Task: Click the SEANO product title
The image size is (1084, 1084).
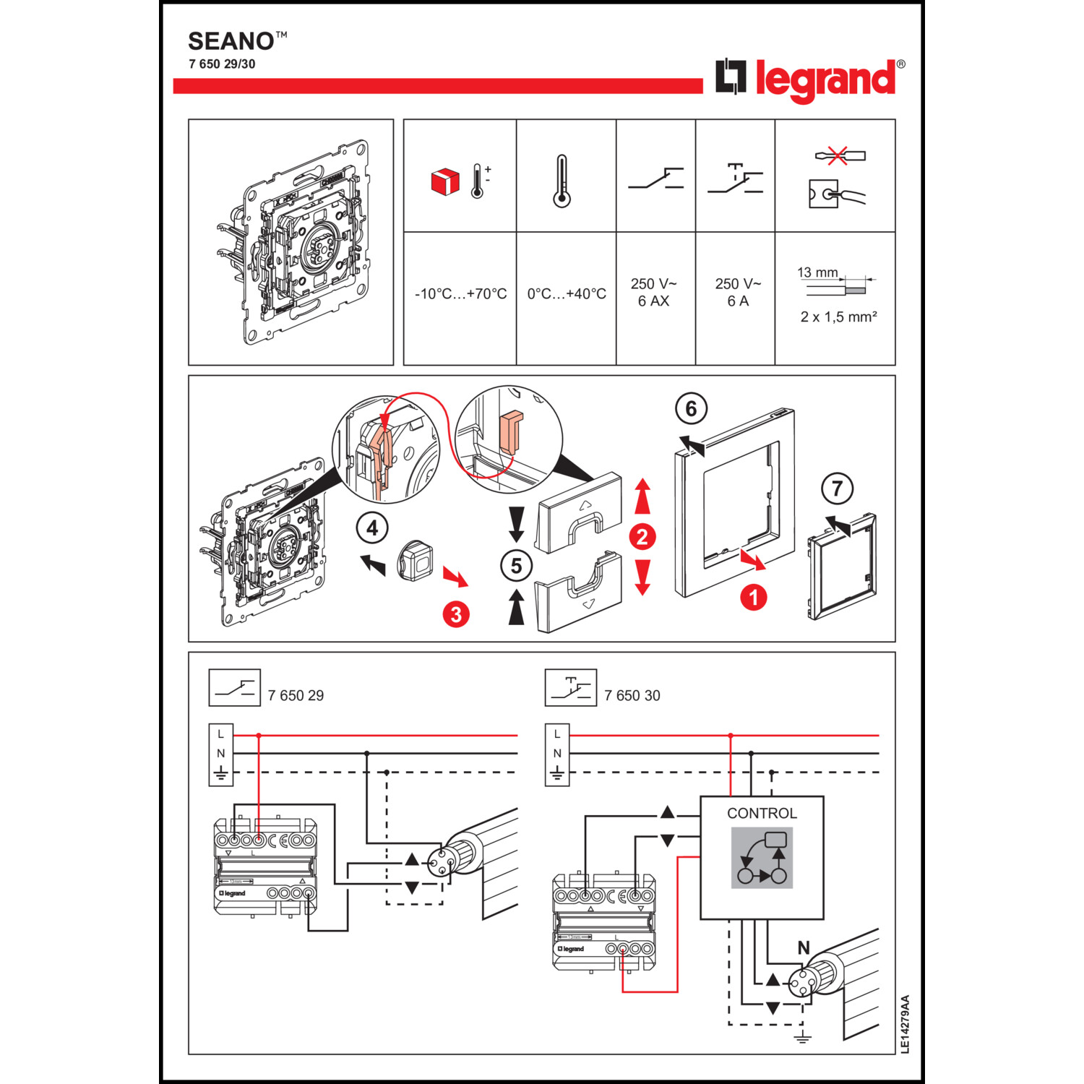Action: (231, 40)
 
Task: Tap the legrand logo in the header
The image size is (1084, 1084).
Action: (809, 79)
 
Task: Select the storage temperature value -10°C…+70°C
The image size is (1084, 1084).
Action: (460, 294)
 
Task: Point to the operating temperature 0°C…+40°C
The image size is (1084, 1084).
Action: (567, 294)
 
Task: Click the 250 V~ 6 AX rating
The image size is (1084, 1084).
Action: (654, 292)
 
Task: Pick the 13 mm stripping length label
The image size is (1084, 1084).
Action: (817, 272)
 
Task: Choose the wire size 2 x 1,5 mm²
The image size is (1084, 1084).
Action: (838, 317)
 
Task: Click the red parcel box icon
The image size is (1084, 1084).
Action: (444, 181)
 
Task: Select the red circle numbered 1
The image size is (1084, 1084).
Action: (753, 598)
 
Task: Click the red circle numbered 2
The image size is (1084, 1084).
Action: (642, 537)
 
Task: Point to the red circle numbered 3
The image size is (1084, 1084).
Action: (456, 614)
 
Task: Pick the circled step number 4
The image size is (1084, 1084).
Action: (372, 528)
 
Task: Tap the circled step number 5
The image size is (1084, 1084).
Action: (516, 566)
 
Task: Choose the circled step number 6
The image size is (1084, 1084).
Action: (691, 409)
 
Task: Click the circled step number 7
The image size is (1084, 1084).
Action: (837, 489)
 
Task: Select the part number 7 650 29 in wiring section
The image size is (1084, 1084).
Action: (296, 695)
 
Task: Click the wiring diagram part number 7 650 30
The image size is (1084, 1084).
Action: (632, 695)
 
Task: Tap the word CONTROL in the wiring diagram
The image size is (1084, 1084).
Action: (762, 813)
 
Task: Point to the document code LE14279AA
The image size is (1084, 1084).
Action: (906, 1024)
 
